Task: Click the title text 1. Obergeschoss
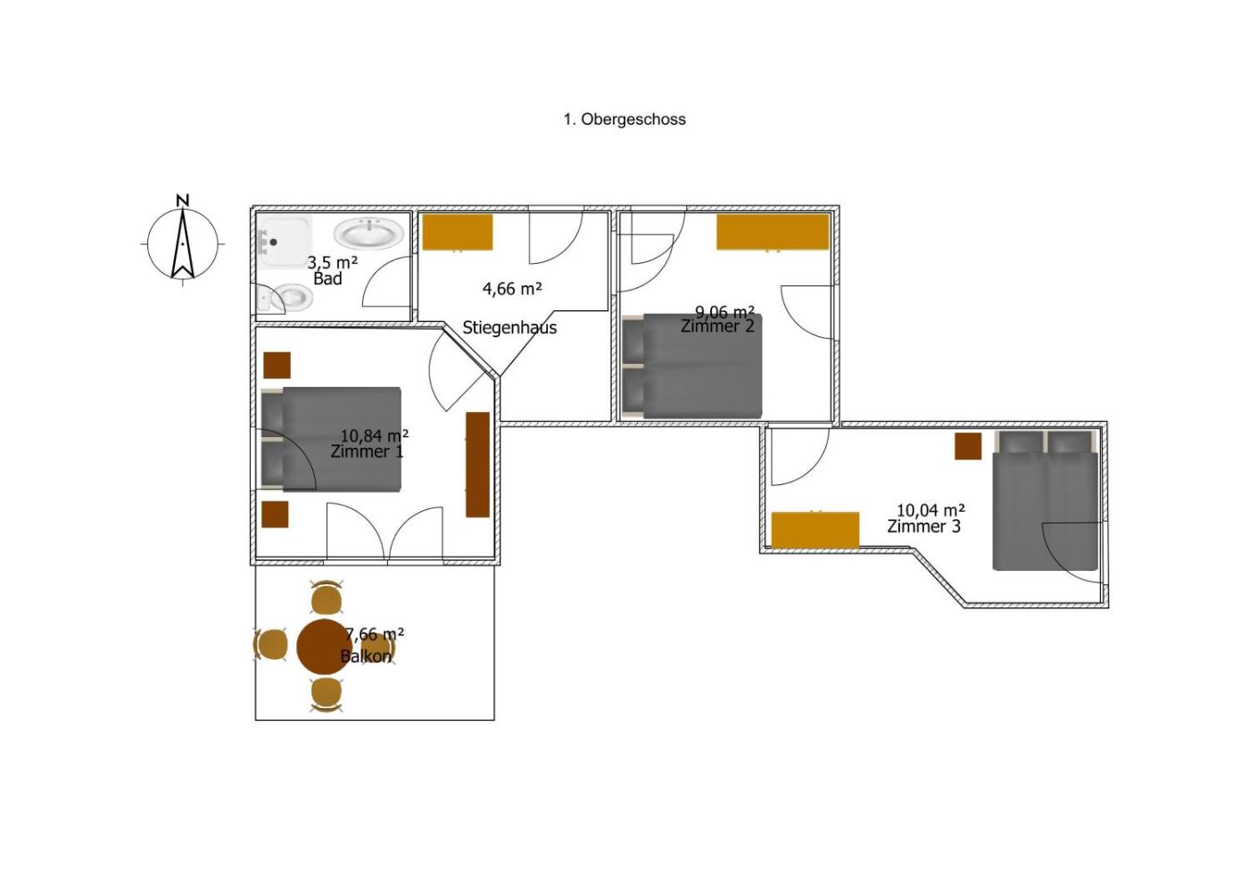624,120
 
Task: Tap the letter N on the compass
182,200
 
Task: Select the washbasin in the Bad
368,233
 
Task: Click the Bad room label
328,278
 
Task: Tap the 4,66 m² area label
512,289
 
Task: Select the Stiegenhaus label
509,328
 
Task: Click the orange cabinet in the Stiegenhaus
457,233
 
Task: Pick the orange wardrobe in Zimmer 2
773,233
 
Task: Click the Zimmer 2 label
717,326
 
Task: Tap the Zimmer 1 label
367,451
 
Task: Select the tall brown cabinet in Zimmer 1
478,465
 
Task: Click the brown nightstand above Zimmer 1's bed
277,365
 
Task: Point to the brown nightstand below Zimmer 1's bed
276,515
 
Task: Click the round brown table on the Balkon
324,647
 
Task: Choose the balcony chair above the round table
327,597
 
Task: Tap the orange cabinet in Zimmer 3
815,530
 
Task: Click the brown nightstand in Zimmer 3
968,447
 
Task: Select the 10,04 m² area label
931,510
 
